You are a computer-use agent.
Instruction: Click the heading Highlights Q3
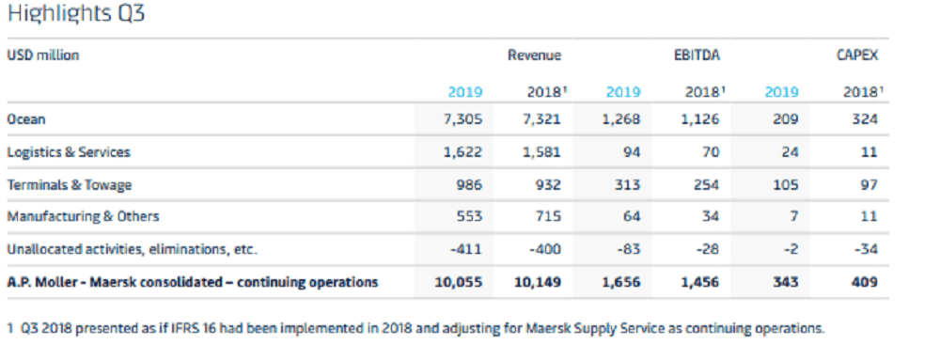click(76, 14)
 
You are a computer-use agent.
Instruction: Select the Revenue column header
click(535, 55)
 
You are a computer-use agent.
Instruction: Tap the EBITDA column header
click(697, 55)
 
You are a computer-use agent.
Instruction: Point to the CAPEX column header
click(857, 55)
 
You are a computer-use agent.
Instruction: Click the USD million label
click(43, 55)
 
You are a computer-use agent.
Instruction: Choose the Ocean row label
click(26, 119)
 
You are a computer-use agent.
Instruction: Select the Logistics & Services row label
click(69, 152)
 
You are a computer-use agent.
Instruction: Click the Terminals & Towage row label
click(70, 185)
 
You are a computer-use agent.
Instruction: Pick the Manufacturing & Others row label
click(84, 216)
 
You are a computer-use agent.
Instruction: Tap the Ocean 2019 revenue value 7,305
click(462, 119)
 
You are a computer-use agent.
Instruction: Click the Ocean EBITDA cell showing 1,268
click(621, 119)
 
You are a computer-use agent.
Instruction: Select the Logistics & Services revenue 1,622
click(462, 152)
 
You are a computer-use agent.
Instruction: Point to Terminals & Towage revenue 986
click(468, 185)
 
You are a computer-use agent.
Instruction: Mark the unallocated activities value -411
click(466, 249)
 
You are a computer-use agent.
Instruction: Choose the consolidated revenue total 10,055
click(459, 282)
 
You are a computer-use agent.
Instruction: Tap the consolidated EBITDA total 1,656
click(621, 282)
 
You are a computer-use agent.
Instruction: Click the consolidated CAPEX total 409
click(865, 282)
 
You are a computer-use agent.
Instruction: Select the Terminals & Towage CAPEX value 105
click(785, 185)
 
